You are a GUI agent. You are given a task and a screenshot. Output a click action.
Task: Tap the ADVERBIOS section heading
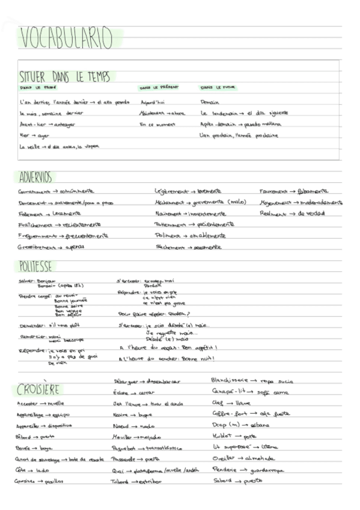point(35,177)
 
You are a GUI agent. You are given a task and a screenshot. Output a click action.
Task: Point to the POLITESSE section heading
point(35,266)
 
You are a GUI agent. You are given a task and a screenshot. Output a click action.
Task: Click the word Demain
point(210,102)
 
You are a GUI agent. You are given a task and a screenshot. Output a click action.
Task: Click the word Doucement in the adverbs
point(35,203)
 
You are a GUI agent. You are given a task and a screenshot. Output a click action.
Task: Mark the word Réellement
point(273,213)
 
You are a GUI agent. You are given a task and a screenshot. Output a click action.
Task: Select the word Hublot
point(224,436)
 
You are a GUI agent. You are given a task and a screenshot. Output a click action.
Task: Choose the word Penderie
point(224,470)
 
